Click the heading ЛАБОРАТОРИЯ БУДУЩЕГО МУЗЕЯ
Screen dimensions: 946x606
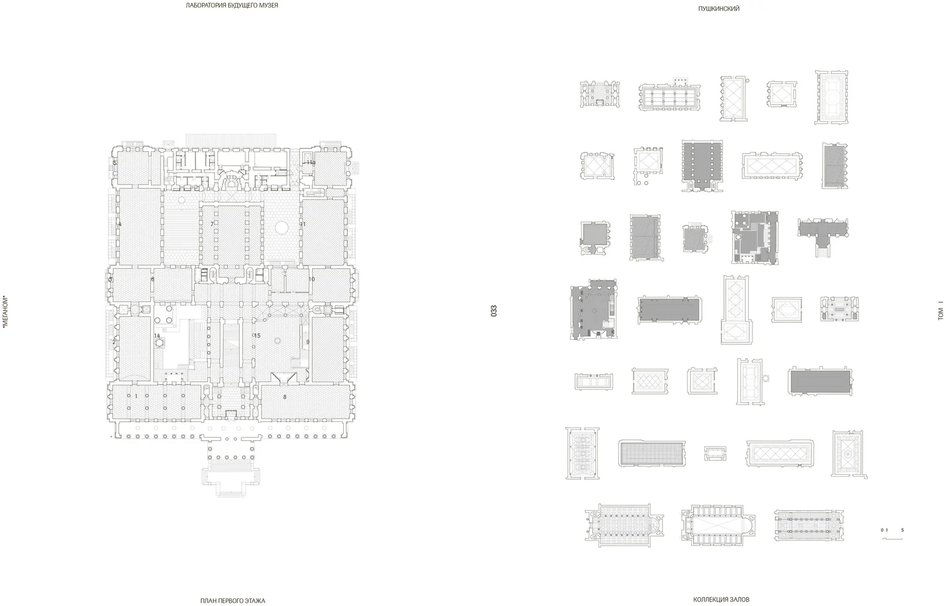pyautogui.click(x=231, y=6)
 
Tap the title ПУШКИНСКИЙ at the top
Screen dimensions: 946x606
pyautogui.click(x=718, y=9)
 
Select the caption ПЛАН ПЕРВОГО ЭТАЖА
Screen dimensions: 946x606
pyautogui.click(x=233, y=601)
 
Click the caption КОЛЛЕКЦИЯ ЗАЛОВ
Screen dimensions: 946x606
pyautogui.click(x=721, y=600)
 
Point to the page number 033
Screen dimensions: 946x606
pyautogui.click(x=494, y=311)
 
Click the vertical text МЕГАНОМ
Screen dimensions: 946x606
pyautogui.click(x=5, y=312)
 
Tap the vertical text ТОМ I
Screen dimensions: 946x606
pyautogui.click(x=940, y=313)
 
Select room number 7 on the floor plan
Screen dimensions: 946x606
pyautogui.click(x=212, y=224)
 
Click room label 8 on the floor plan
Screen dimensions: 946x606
pyautogui.click(x=284, y=397)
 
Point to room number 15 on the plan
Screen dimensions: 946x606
pyautogui.click(x=257, y=335)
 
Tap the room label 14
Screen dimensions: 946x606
pyautogui.click(x=157, y=335)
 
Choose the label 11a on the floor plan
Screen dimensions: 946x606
pyautogui.click(x=311, y=163)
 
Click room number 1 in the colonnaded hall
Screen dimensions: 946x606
pyautogui.click(x=136, y=396)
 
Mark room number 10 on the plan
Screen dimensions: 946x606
pyautogui.click(x=311, y=279)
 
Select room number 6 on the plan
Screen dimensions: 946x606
pyautogui.click(x=153, y=279)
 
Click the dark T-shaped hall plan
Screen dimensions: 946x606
pyautogui.click(x=823, y=231)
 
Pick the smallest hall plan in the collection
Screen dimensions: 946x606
pyautogui.click(x=715, y=453)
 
